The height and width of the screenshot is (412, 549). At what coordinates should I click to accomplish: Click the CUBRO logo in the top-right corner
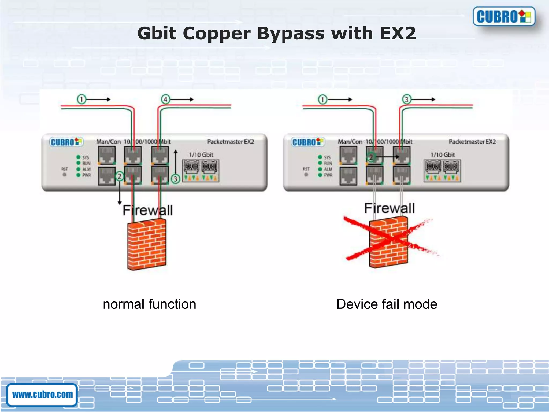[x=504, y=16]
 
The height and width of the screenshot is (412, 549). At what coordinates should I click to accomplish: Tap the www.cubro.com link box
[x=42, y=395]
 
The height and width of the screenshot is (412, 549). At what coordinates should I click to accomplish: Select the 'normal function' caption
[x=149, y=304]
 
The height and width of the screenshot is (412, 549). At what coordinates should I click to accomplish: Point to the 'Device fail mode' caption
[x=387, y=304]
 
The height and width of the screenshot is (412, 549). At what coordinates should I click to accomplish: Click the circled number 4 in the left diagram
[x=165, y=100]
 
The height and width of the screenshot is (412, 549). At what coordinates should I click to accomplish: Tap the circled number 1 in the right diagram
[x=322, y=100]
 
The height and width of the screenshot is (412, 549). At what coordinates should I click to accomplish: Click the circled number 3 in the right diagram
[x=407, y=100]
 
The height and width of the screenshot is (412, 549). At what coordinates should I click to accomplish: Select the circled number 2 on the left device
[x=120, y=176]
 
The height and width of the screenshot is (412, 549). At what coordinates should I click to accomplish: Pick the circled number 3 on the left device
[x=175, y=179]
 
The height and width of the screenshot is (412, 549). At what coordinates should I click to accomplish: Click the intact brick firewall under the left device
[x=147, y=244]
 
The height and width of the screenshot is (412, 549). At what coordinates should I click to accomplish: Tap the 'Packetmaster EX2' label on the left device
[x=231, y=142]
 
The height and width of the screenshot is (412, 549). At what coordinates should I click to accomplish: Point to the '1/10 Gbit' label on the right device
[x=443, y=155]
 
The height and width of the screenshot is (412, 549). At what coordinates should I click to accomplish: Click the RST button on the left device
[x=64, y=175]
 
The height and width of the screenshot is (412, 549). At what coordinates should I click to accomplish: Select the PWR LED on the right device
[x=320, y=175]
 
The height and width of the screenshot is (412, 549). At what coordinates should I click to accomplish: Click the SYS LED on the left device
[x=78, y=157]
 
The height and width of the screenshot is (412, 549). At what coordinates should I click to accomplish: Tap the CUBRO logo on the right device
[x=308, y=142]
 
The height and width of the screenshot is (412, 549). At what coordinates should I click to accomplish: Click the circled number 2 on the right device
[x=371, y=157]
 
